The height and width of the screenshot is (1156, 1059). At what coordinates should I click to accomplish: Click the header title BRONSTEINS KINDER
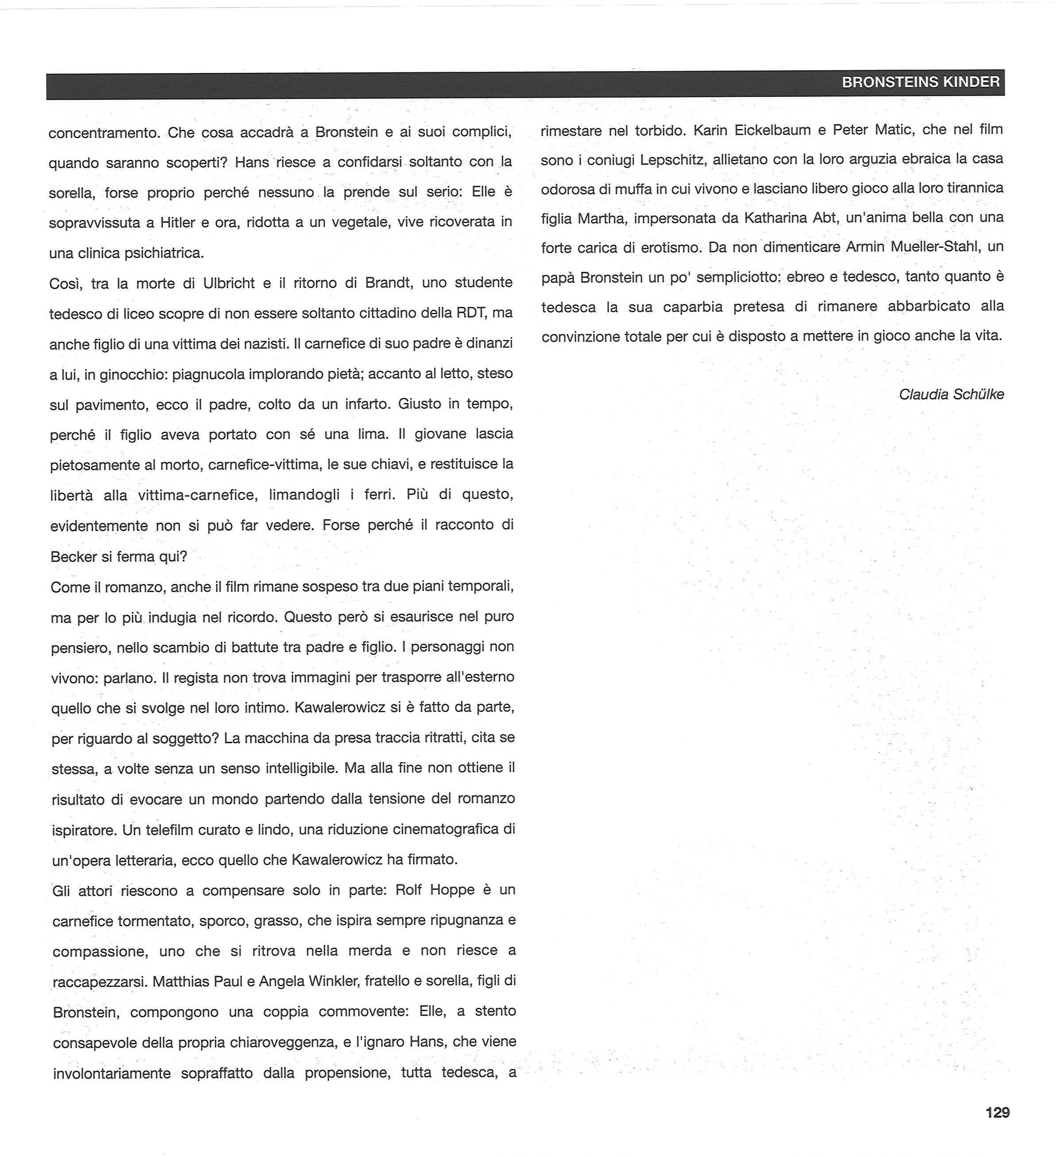point(920,82)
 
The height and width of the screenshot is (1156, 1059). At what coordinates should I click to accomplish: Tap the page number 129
point(997,1113)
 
